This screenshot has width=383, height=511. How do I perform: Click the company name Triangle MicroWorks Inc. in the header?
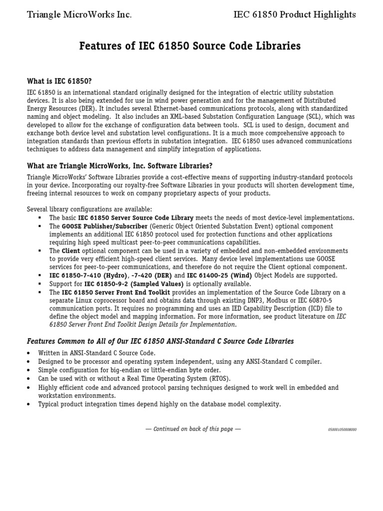click(79, 15)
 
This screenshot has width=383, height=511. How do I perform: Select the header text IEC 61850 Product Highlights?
click(295, 15)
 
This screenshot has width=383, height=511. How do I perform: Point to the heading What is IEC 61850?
click(59, 81)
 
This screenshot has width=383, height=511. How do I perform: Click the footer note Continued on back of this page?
click(193, 429)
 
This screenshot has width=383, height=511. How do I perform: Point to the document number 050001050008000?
click(342, 430)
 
